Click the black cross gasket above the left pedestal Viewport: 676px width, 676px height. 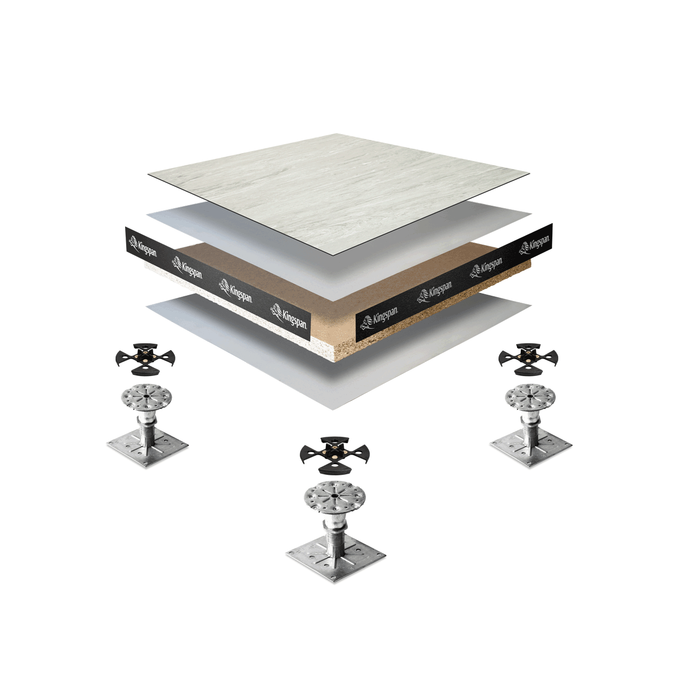(145, 359)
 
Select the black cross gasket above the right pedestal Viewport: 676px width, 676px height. (528, 359)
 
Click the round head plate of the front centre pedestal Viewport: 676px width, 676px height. (334, 498)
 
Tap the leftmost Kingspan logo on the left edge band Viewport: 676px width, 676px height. (143, 246)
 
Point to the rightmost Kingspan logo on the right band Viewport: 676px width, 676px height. (534, 245)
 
